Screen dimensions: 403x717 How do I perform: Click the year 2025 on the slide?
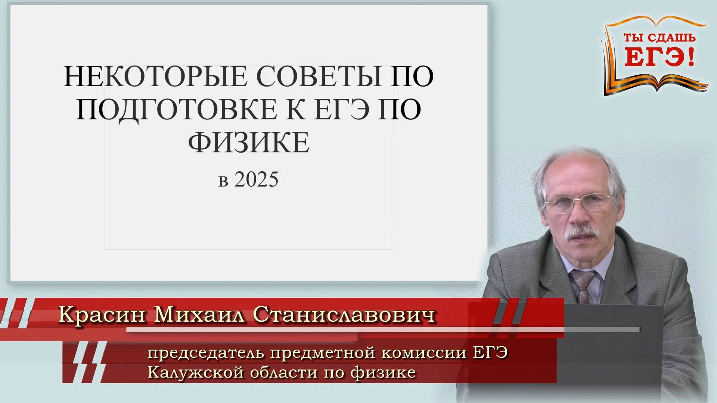(257, 179)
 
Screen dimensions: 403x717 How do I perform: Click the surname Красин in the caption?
(102, 315)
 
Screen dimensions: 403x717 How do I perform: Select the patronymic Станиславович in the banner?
(344, 315)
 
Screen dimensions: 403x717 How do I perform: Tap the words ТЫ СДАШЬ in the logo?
(659, 38)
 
